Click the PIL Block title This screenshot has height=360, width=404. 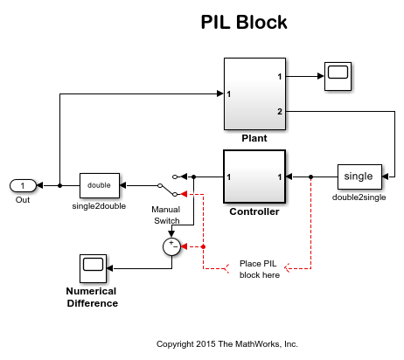[x=245, y=22]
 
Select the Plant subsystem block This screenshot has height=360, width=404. [x=254, y=93]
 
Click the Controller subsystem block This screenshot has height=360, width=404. [x=254, y=177]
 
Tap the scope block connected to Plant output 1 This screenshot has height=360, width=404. [x=338, y=77]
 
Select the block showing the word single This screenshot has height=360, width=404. [x=359, y=177]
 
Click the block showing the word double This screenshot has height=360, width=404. [x=99, y=185]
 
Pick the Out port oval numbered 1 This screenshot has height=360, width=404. [x=23, y=185]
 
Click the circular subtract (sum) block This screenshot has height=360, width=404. [x=172, y=247]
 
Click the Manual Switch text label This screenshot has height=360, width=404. [x=165, y=215]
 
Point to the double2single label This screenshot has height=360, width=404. [x=359, y=197]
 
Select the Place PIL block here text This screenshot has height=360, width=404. [x=260, y=268]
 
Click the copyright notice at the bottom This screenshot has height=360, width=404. [x=226, y=343]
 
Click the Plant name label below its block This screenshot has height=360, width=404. [x=254, y=138]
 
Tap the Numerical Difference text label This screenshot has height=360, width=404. [x=92, y=297]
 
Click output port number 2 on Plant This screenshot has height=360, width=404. [x=279, y=111]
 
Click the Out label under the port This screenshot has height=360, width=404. [x=23, y=200]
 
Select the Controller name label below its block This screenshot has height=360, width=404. [x=254, y=211]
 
